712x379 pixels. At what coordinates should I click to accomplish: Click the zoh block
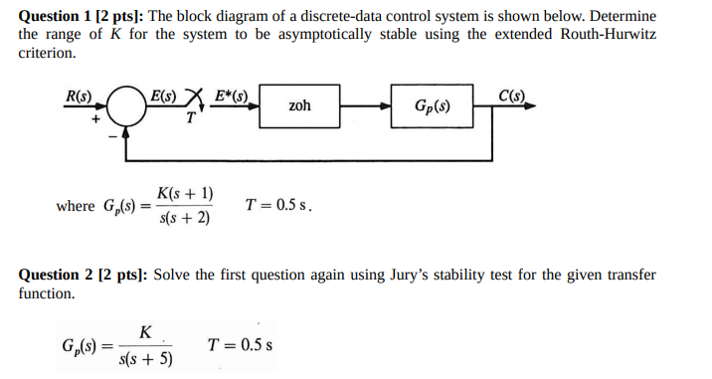pos(299,105)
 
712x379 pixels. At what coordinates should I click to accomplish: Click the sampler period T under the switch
pos(189,119)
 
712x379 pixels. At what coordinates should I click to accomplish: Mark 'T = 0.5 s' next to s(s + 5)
pos(241,346)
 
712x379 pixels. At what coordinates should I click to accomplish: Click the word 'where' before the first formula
pos(77,206)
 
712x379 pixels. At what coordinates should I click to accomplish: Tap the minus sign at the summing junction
pos(112,132)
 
